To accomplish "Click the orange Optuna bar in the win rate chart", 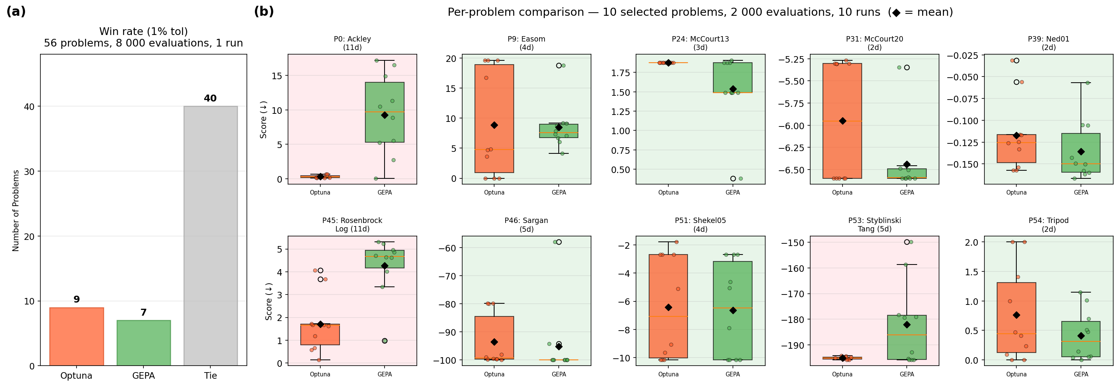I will (x=77, y=336).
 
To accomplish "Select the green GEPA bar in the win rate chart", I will (x=143, y=343).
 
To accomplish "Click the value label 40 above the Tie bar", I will (x=210, y=98).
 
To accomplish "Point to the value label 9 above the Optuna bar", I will (x=77, y=299).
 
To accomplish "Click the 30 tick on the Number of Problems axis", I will (x=29, y=171).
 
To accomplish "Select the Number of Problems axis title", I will (x=16, y=210).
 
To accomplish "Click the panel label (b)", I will (x=264, y=11).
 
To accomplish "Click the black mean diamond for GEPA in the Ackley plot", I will (x=385, y=115).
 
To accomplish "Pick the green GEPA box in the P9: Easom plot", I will (x=559, y=131).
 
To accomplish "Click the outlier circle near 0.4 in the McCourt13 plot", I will (x=733, y=178).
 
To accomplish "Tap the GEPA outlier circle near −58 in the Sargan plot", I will (x=559, y=242).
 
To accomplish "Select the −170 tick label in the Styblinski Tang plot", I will (x=794, y=294).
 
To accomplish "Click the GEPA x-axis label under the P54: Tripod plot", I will (x=1081, y=374).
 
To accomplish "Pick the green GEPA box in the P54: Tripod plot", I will (x=1081, y=339).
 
